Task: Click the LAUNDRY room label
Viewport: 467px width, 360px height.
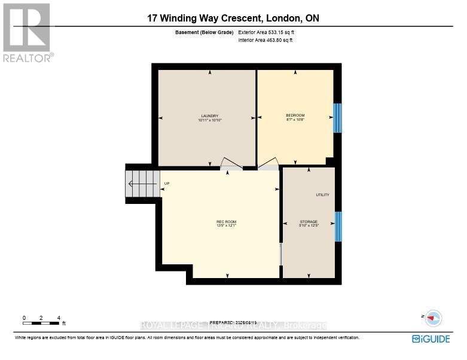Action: click(x=209, y=115)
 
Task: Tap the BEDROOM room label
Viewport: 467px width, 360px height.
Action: click(x=295, y=115)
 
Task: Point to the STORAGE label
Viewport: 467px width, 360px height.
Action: click(x=309, y=222)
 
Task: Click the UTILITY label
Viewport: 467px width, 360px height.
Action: click(x=322, y=195)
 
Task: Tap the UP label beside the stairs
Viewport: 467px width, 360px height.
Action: click(x=167, y=184)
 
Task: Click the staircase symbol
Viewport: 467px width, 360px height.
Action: click(x=142, y=184)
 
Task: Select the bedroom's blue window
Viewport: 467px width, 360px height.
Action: click(x=337, y=118)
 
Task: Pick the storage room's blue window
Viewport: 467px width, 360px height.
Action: click(x=338, y=226)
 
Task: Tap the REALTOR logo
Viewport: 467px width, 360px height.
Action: click(x=28, y=33)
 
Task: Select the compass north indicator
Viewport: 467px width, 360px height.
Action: click(x=433, y=319)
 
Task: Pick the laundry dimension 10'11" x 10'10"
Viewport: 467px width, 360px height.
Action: click(x=209, y=120)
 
